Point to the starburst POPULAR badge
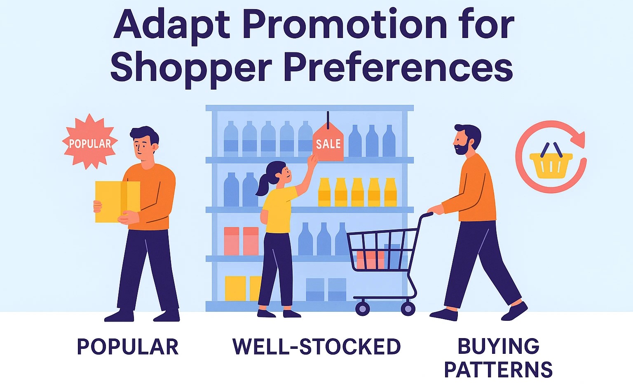point(90,142)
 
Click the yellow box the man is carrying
point(117,201)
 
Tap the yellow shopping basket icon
point(551,161)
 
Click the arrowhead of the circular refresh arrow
point(578,139)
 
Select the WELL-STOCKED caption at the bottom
point(316,346)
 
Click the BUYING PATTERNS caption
point(499,358)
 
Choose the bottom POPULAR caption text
point(128,346)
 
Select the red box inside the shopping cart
point(370,260)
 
